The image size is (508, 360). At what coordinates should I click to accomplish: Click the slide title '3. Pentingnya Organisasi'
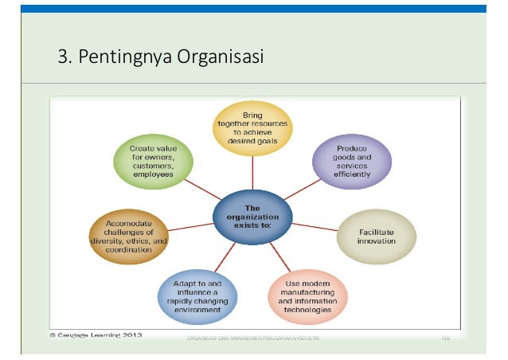pos(159,58)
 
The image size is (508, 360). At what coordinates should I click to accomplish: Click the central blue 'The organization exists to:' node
pos(252,213)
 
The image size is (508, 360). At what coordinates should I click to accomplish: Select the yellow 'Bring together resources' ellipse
pos(252,126)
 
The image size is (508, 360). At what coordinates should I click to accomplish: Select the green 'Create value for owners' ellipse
pos(153,161)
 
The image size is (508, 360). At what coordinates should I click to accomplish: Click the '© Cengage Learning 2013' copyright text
pos(93,335)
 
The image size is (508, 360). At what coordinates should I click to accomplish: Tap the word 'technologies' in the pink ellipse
pos(307,311)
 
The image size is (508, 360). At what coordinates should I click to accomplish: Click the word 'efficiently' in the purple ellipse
pos(351,173)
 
